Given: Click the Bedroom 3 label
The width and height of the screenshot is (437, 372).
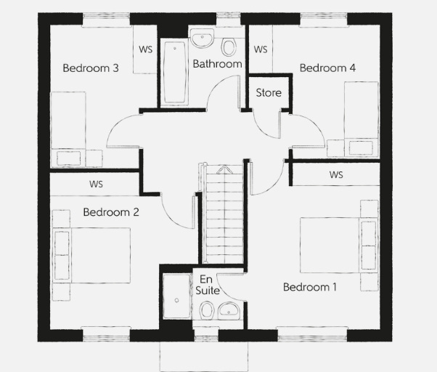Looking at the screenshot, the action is pyautogui.click(x=91, y=68).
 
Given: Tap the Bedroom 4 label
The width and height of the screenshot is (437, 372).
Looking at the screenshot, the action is pyautogui.click(x=327, y=68).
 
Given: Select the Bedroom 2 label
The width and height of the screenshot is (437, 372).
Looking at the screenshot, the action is pyautogui.click(x=111, y=212).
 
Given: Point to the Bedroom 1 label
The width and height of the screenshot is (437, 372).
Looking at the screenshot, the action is pyautogui.click(x=310, y=287).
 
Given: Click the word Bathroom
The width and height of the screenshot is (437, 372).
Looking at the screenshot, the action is pyautogui.click(x=217, y=64).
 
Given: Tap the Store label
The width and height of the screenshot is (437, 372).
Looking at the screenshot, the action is pyautogui.click(x=269, y=92).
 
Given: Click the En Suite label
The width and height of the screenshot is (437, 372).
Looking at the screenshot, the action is pyautogui.click(x=208, y=285).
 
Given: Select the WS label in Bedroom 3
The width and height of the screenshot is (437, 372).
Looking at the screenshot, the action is pyautogui.click(x=146, y=49).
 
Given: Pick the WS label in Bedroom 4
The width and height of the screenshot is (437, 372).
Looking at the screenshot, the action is pyautogui.click(x=261, y=49).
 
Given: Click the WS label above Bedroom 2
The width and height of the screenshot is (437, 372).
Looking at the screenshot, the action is pyautogui.click(x=96, y=184).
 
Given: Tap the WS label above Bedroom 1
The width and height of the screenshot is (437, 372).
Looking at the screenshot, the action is pyautogui.click(x=336, y=175).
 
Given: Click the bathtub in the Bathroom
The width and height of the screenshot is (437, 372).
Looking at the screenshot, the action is pyautogui.click(x=175, y=72).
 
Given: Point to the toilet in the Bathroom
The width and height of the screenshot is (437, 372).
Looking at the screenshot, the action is pyautogui.click(x=229, y=46).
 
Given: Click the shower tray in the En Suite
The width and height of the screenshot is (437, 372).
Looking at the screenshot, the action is pyautogui.click(x=177, y=296).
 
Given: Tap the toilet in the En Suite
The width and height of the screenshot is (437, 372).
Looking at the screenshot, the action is pyautogui.click(x=207, y=310).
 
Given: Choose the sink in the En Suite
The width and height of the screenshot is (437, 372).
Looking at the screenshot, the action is pyautogui.click(x=229, y=311).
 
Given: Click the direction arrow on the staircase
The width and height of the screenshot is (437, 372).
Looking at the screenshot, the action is pyautogui.click(x=224, y=169).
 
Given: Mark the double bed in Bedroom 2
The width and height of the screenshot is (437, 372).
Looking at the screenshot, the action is pyautogui.click(x=91, y=256).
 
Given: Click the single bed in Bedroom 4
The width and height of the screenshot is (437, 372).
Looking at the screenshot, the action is pyautogui.click(x=362, y=119).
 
